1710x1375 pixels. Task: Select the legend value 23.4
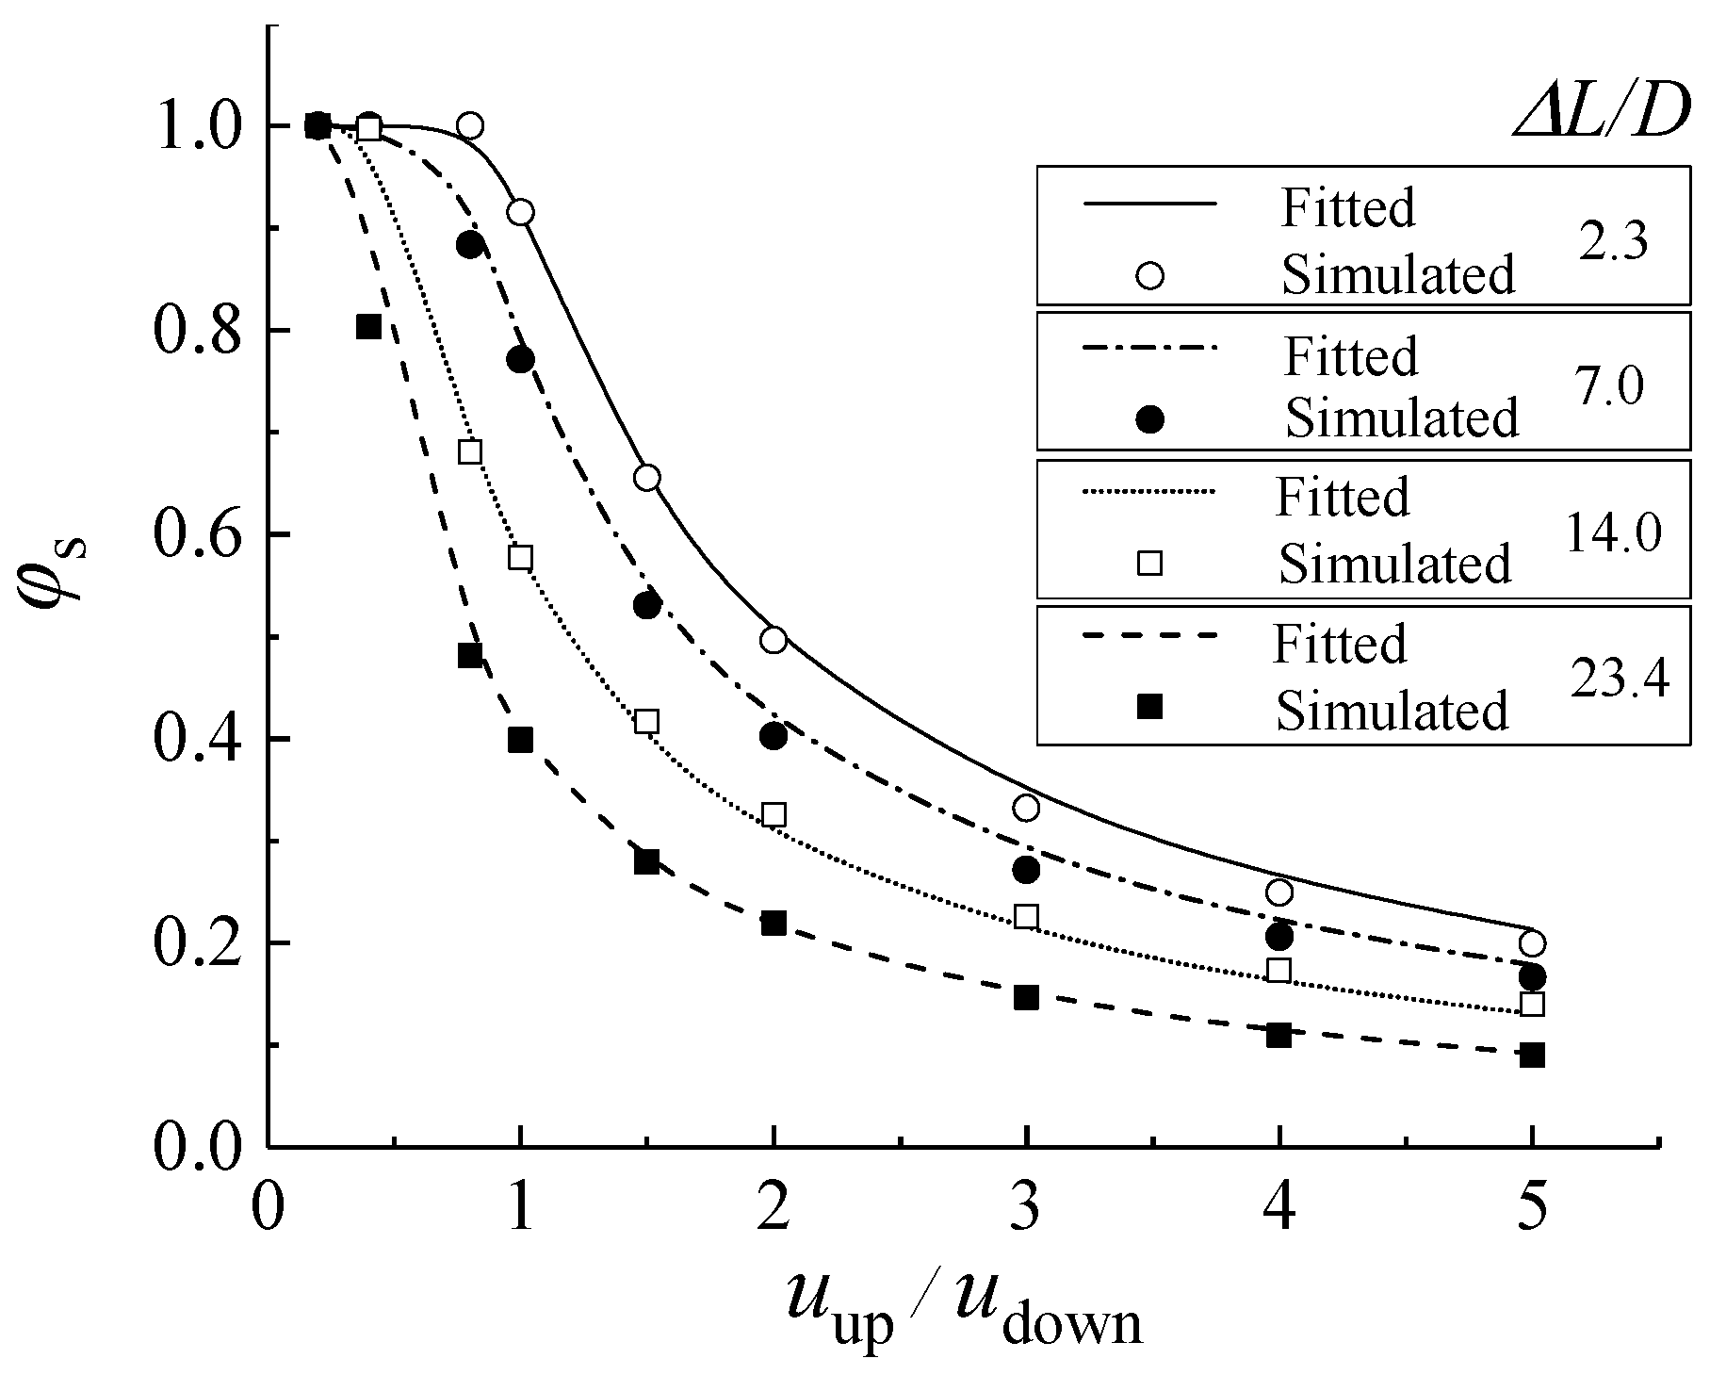[x=1619, y=677]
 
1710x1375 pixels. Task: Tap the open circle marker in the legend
[x=1150, y=274]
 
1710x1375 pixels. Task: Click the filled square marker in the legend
[x=1149, y=705]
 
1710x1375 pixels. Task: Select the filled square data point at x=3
[x=1026, y=997]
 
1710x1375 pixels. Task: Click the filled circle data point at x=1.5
[x=646, y=605]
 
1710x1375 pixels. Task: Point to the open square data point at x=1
[x=520, y=557]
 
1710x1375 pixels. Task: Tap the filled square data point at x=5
[x=1532, y=1055]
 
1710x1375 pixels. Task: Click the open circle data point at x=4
[x=1278, y=892]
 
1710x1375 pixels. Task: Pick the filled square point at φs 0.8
[x=368, y=327]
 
